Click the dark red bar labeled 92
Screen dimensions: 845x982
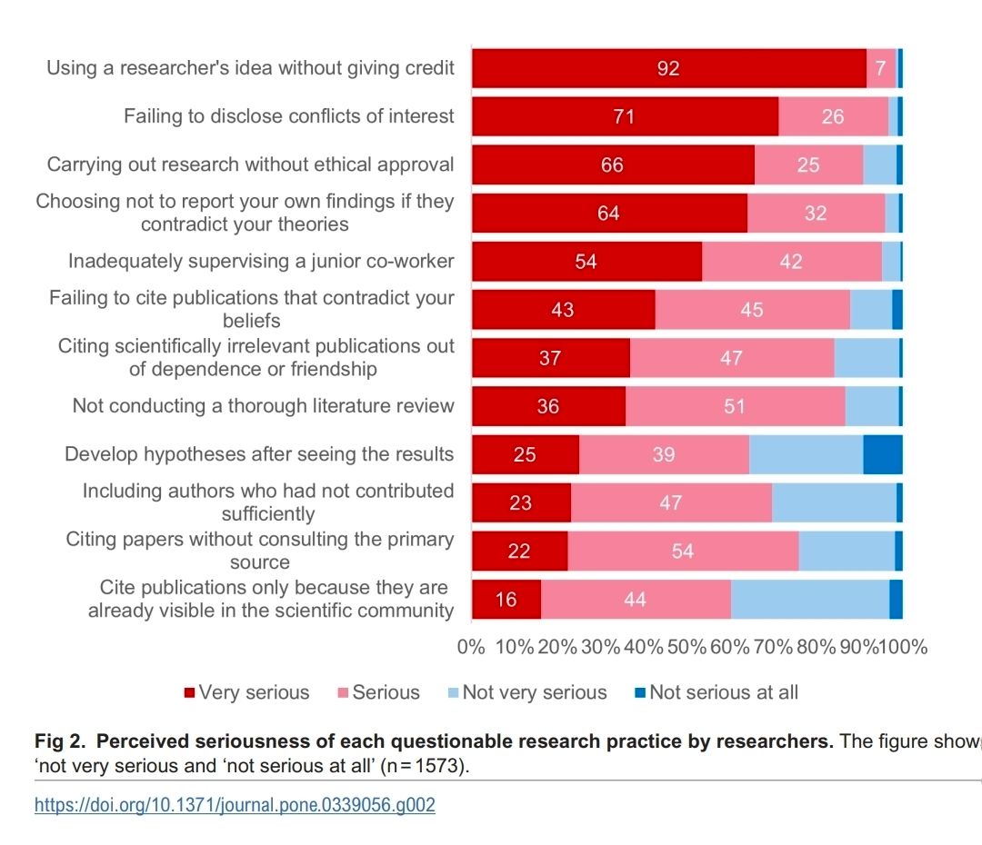pos(668,68)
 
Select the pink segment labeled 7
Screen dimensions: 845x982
pos(880,68)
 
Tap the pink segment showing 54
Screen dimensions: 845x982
pos(683,552)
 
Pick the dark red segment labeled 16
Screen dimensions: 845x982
pos(506,600)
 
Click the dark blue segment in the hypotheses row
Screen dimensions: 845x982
pos(882,454)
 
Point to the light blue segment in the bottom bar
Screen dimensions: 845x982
pos(809,600)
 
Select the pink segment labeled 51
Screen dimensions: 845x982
pos(735,406)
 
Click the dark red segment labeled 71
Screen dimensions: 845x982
pos(624,116)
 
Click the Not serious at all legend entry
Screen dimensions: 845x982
pos(716,692)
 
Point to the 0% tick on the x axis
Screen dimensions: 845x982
pos(472,647)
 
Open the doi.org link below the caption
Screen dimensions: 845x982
pos(235,805)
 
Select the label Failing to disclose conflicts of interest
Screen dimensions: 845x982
pos(288,116)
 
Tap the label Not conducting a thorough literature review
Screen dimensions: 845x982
pos(264,406)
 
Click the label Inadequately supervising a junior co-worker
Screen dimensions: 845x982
pos(261,262)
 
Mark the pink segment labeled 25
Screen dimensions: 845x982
pos(808,164)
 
